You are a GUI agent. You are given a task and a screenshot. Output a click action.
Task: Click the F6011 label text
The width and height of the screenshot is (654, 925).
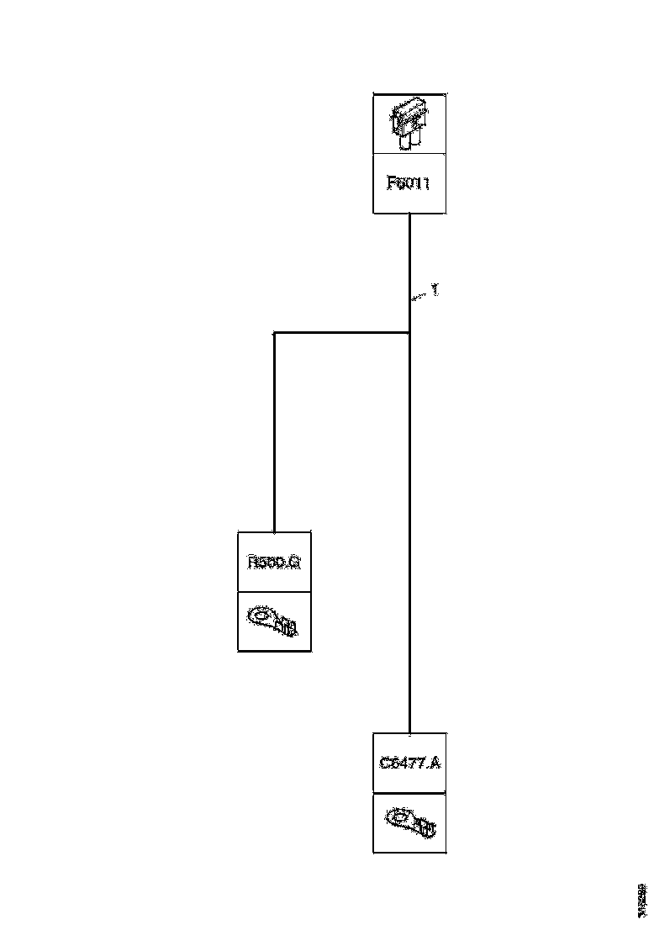[x=409, y=183]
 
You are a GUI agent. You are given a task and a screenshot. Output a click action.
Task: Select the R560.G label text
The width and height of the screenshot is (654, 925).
[x=274, y=562]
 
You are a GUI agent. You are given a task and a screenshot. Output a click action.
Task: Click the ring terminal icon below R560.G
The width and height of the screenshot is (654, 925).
[x=274, y=621]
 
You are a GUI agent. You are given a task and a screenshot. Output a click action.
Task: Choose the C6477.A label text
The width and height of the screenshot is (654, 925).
[x=409, y=764]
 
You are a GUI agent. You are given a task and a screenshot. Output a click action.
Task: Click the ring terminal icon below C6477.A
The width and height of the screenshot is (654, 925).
[x=409, y=822]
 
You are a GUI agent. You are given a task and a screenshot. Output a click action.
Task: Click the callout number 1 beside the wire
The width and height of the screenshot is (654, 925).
[x=435, y=290]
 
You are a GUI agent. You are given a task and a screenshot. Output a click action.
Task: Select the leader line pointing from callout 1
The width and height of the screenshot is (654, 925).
[x=419, y=295]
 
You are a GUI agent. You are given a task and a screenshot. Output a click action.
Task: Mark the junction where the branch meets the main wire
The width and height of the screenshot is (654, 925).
[x=409, y=333]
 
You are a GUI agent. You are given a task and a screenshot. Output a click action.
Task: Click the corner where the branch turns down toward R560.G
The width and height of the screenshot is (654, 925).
[x=275, y=333]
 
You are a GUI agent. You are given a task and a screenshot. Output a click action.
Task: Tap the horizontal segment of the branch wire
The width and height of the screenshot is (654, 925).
[x=340, y=333]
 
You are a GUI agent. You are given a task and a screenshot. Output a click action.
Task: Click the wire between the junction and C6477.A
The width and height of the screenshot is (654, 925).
[x=409, y=538]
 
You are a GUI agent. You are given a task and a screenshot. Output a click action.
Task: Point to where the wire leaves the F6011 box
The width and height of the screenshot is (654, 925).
[x=409, y=215]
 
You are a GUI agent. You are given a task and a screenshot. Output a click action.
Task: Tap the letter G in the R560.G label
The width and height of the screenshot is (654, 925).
[x=294, y=562]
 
